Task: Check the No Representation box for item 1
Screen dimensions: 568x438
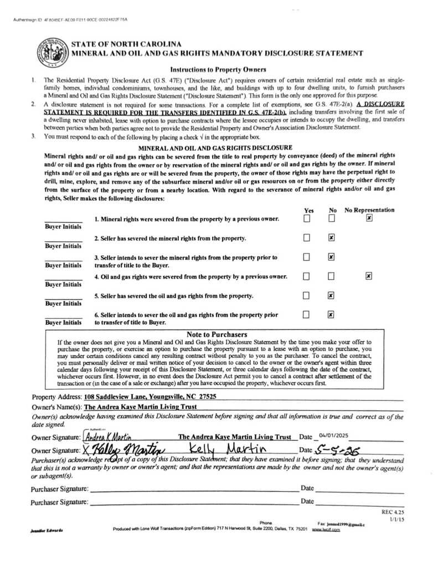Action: (369, 219)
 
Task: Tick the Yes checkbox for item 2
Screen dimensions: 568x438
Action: (306, 238)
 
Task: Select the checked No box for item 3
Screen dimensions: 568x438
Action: (331, 257)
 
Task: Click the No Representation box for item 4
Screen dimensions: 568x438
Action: (369, 276)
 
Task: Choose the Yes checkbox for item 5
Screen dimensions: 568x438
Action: (306, 296)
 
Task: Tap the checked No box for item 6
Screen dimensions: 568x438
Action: (331, 315)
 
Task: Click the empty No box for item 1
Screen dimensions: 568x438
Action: (331, 219)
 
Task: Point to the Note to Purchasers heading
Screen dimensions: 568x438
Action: (217, 334)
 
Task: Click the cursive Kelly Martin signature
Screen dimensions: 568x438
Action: (121, 449)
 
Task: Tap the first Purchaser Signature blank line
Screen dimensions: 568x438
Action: (194, 491)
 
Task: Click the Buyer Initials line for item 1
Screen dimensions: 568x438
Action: (63, 221)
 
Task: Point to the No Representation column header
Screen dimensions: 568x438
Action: (369, 210)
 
